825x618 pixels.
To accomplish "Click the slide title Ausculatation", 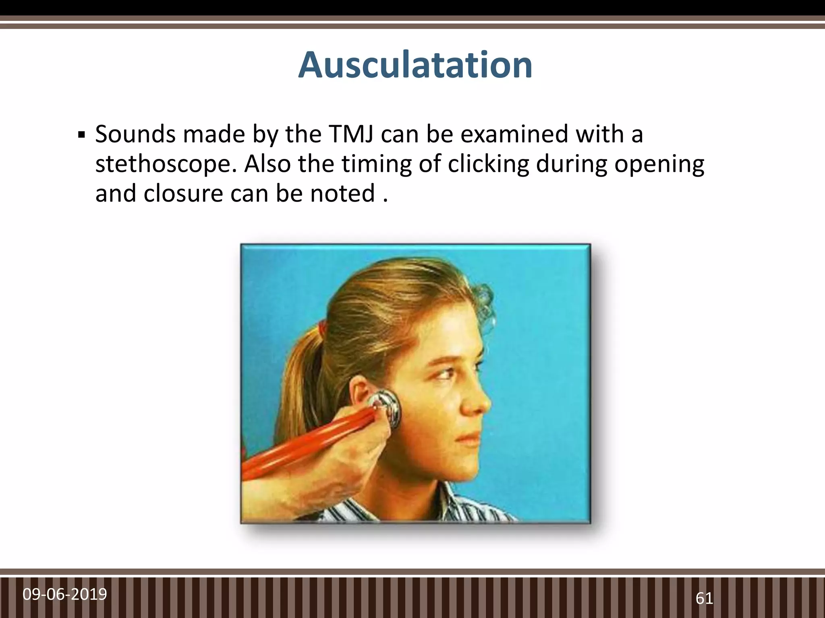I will [x=415, y=65].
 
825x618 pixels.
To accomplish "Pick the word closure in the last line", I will [x=183, y=194].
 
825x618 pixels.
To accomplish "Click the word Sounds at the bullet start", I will [x=135, y=134].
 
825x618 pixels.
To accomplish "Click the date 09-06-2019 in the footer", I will [x=65, y=594].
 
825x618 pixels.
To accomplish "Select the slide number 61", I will [x=704, y=599].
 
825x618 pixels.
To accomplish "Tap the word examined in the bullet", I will [x=514, y=134].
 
